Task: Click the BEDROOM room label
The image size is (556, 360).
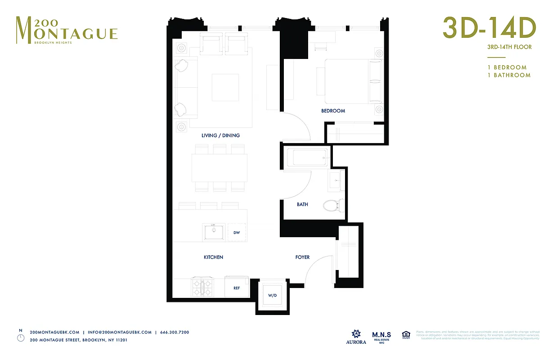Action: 333,111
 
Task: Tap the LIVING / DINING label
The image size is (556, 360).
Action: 220,135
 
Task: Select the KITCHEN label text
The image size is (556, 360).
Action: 213,257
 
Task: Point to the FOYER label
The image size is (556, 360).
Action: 302,257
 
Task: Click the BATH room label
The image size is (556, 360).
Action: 302,204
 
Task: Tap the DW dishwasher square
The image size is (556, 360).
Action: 237,233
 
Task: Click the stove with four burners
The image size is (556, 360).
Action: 202,287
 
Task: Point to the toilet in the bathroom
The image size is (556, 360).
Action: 333,206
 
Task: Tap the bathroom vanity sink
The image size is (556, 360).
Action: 336,181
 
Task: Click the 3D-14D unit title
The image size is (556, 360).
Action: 489,28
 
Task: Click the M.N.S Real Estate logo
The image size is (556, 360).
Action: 381,336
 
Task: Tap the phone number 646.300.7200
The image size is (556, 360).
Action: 175,332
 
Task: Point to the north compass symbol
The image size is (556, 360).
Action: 20,337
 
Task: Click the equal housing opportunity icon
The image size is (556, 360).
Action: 406,335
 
